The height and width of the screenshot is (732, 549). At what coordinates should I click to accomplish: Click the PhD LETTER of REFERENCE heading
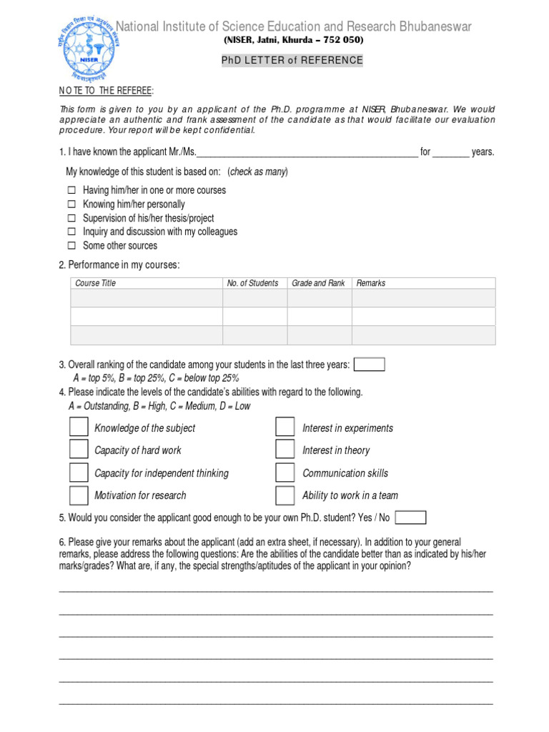[292, 61]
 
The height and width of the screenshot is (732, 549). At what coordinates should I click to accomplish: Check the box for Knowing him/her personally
[71, 204]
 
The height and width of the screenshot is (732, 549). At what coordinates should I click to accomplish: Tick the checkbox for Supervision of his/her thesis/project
[71, 218]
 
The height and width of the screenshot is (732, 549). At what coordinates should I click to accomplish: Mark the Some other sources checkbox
[71, 246]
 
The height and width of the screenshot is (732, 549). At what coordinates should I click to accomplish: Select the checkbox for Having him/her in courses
[71, 191]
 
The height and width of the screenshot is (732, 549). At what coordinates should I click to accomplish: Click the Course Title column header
[95, 283]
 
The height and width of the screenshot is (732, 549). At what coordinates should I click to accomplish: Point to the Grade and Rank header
[318, 283]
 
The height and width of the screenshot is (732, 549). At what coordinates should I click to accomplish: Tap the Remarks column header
[371, 283]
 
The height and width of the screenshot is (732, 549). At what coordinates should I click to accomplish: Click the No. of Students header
[252, 283]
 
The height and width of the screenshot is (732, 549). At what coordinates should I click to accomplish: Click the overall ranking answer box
[370, 365]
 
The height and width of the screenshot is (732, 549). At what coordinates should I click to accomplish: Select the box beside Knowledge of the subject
[79, 427]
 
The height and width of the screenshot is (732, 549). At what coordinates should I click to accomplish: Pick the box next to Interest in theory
[285, 450]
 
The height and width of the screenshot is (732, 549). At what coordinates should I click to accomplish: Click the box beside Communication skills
[285, 473]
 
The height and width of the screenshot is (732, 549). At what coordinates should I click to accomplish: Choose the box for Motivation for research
[79, 495]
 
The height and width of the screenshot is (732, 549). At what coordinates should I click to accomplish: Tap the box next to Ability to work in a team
[285, 495]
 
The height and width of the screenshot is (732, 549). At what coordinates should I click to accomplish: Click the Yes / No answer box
[410, 518]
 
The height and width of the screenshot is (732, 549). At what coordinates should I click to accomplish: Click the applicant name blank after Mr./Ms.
[307, 152]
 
